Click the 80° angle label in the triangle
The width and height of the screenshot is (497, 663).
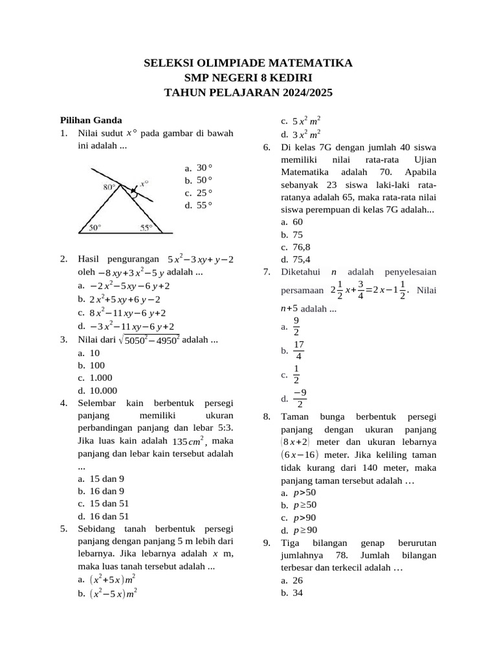tap(109, 186)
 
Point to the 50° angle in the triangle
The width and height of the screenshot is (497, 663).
tap(94, 227)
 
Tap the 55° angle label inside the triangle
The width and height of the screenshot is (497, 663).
tap(146, 227)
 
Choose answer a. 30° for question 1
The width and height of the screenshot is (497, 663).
tap(198, 168)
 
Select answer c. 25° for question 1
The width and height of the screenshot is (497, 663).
tap(198, 193)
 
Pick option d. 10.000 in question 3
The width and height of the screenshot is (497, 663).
tap(97, 390)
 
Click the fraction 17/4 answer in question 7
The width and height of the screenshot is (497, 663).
tap(298, 350)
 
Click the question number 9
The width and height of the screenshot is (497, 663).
tap(267, 543)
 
